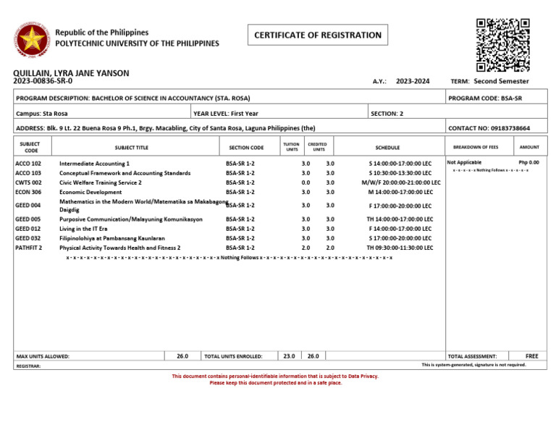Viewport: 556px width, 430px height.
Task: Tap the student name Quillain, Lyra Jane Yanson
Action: point(71,73)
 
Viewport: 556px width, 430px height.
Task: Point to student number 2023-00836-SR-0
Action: point(43,82)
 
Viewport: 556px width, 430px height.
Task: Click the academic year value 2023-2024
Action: point(413,82)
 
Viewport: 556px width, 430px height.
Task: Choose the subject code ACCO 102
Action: point(28,164)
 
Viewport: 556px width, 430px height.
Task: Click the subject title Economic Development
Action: point(90,193)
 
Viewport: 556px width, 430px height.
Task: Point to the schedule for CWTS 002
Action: point(401,183)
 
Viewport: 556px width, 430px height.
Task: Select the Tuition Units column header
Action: point(291,147)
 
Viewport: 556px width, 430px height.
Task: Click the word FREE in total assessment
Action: point(531,356)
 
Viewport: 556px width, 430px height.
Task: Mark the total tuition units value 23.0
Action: point(288,356)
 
